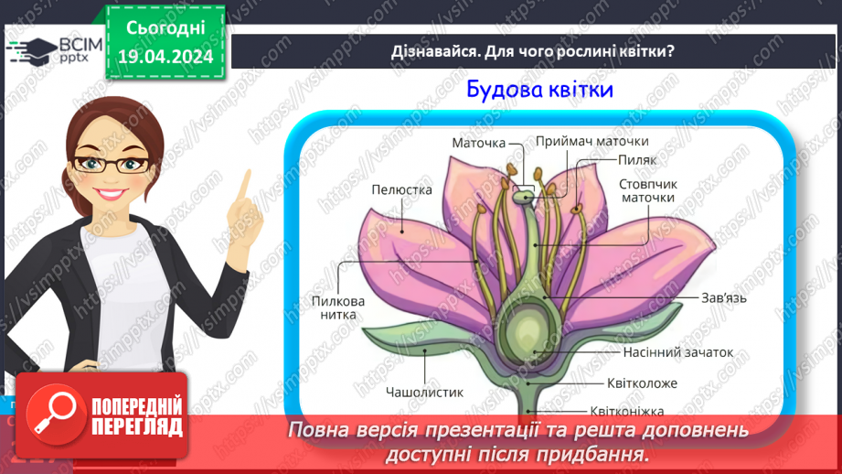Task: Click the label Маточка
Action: coord(479,143)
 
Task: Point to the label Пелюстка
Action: coord(400,189)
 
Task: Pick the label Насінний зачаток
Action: coord(678,351)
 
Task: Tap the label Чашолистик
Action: coord(424,392)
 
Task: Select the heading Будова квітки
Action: coord(538,90)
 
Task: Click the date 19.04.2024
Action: coord(165,57)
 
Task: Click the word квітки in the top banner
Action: coord(641,51)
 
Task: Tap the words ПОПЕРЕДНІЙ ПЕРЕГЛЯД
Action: coord(136,416)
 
